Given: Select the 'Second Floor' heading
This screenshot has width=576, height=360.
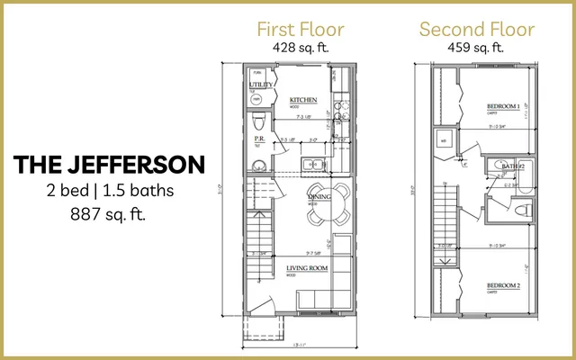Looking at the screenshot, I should (477, 29).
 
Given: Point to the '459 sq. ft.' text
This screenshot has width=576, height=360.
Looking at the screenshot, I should (477, 48).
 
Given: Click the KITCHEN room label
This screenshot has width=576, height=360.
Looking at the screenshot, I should (302, 99).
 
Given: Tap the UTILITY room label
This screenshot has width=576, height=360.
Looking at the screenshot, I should (261, 85).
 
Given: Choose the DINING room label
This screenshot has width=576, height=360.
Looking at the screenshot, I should (319, 196).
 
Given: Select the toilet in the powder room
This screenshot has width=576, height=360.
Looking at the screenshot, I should (257, 121).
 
